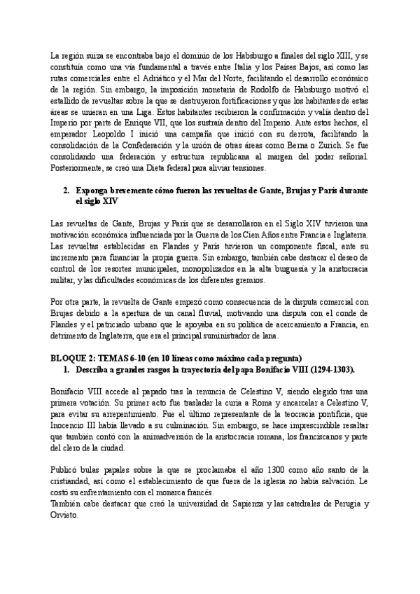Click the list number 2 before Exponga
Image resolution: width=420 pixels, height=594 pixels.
[x=65, y=191]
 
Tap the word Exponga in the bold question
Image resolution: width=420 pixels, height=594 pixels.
[x=92, y=191]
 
